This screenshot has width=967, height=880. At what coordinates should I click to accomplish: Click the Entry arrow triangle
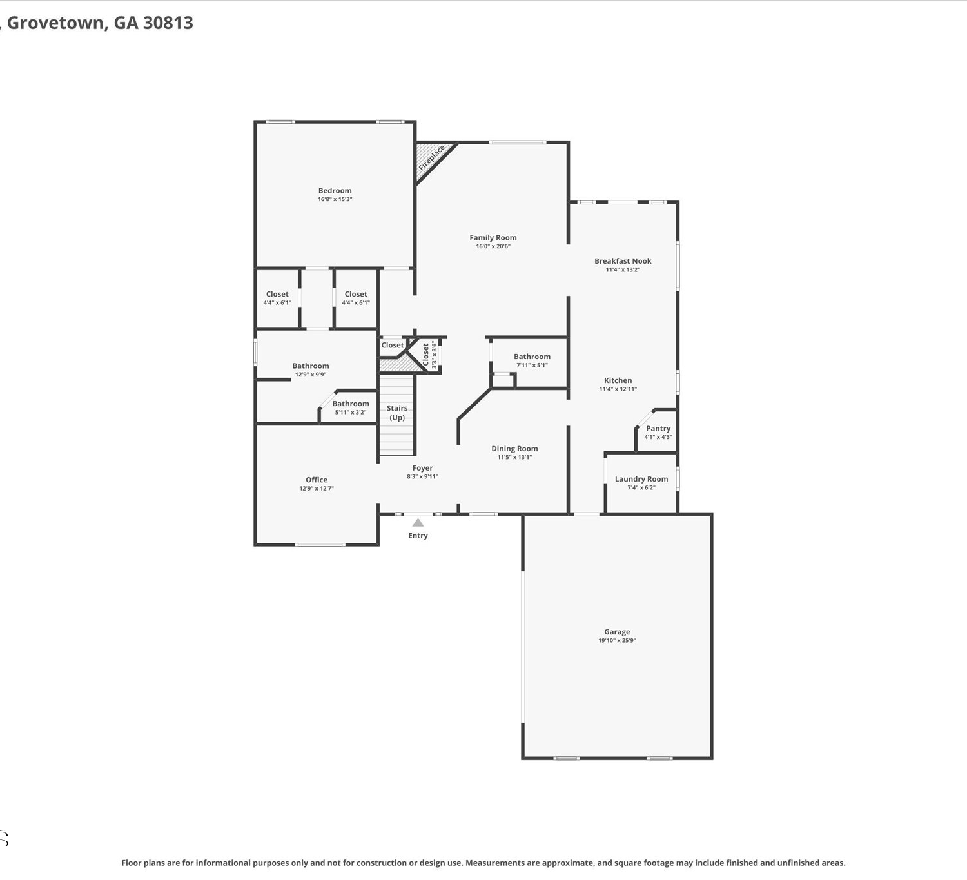point(418,523)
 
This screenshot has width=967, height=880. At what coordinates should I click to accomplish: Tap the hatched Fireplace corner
point(431,158)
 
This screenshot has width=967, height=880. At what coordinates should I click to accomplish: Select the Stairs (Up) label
point(397,413)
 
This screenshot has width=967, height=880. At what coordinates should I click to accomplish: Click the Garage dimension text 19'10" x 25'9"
point(617,640)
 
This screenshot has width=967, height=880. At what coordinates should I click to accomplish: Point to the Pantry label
point(658,428)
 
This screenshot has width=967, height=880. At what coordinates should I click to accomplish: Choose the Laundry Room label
point(641,479)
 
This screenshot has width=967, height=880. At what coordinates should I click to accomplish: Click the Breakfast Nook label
point(623,261)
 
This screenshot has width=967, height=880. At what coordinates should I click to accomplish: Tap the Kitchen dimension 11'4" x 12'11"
point(618,389)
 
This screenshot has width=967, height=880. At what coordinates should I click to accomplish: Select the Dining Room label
point(514,449)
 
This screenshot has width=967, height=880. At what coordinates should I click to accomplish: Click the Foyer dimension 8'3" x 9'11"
point(422,476)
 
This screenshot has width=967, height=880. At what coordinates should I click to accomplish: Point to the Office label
point(317,479)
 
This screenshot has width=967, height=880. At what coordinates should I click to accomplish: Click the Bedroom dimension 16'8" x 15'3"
point(335,199)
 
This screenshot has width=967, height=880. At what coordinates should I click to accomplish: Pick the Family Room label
point(493,237)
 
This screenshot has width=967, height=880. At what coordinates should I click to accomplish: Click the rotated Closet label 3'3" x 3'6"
point(429,355)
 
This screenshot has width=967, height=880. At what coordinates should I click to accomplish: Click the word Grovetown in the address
point(55,23)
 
